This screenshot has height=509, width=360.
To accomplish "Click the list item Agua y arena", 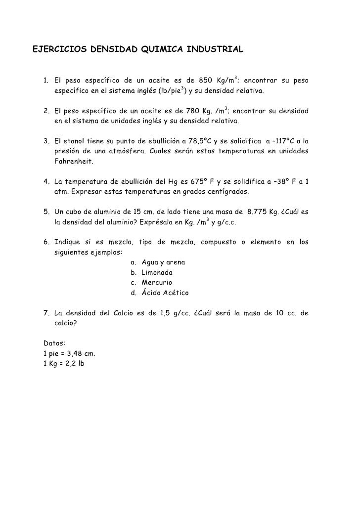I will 164,262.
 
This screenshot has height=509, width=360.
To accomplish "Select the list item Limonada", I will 157,272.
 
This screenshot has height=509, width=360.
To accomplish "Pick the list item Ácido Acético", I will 165,293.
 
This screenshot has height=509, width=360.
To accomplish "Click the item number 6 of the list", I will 45,242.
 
